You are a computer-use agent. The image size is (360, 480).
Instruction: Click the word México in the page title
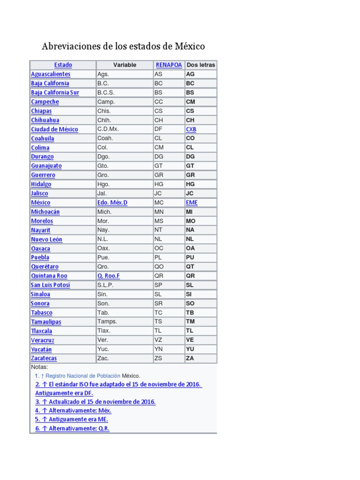[x=190, y=47]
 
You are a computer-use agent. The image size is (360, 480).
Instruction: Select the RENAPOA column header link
[x=169, y=65]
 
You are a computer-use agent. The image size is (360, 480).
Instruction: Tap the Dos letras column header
[x=201, y=65]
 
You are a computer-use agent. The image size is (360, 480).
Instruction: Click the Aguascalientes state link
[x=51, y=74]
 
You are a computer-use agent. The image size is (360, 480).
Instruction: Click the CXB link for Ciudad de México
[x=191, y=129]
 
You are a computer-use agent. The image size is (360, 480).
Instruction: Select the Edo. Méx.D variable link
[x=112, y=202]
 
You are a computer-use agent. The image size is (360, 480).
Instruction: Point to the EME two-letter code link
[x=192, y=202]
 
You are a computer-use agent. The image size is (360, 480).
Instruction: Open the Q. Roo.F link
[x=108, y=276]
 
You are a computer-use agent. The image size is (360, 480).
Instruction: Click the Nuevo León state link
[x=46, y=239]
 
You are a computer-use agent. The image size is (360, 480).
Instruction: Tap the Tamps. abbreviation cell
[x=107, y=322]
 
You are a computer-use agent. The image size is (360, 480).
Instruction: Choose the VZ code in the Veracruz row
[x=158, y=340]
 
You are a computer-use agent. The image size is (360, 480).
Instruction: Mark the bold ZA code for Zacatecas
[x=190, y=358]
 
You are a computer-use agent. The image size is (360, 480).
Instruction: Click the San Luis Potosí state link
[x=51, y=285]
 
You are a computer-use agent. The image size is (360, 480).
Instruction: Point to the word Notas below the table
[x=39, y=367]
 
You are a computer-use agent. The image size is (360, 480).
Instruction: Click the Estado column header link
[x=63, y=65]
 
